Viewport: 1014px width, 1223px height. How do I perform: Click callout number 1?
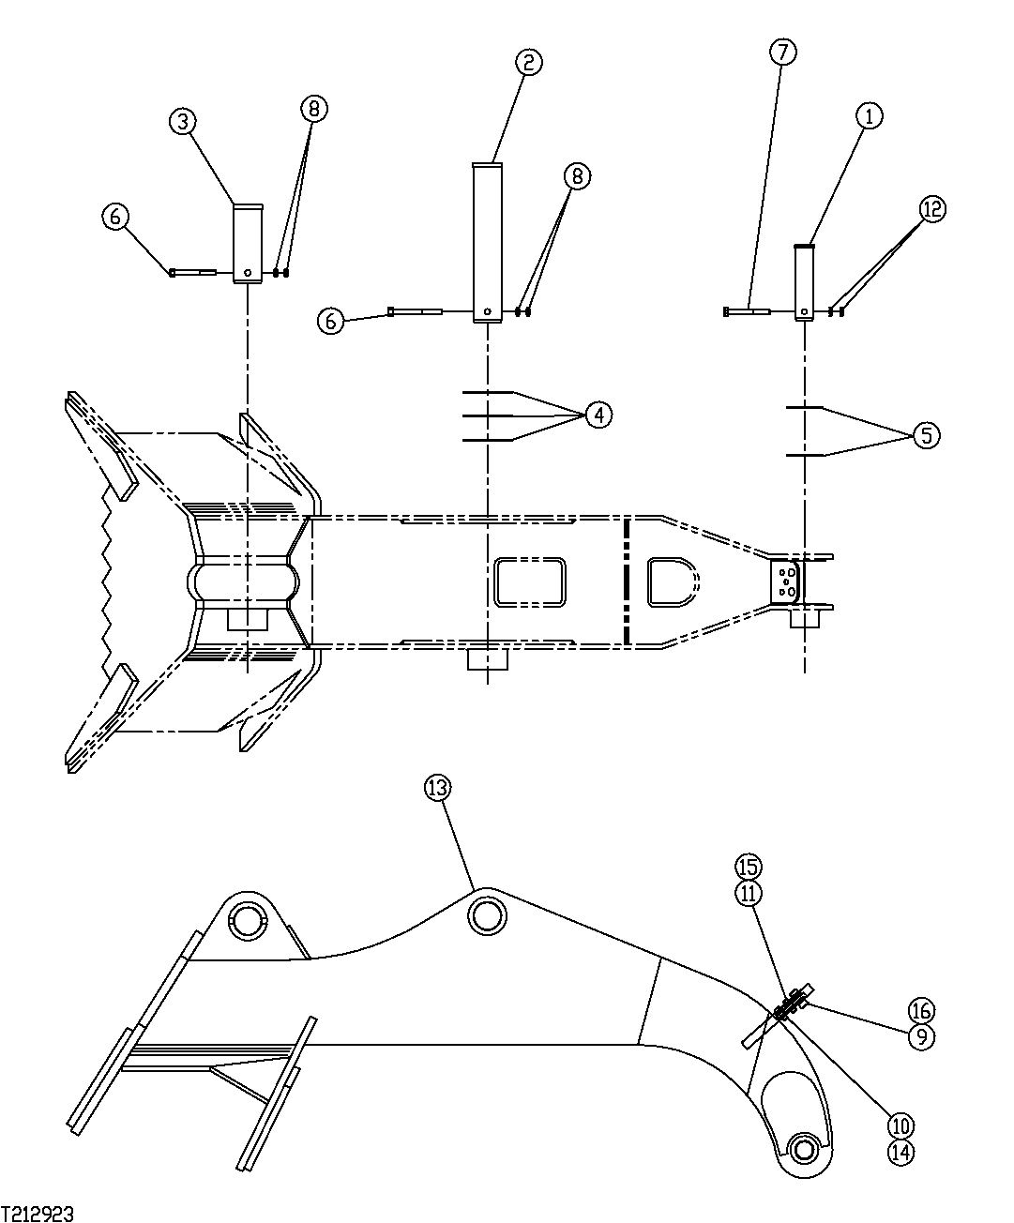[x=869, y=116]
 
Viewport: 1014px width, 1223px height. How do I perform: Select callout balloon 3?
[x=183, y=120]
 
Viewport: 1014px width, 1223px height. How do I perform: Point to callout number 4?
[x=598, y=414]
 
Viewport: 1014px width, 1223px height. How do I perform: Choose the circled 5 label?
[x=926, y=435]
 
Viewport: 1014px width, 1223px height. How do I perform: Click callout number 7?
[x=783, y=52]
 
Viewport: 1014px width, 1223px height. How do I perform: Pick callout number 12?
[x=932, y=210]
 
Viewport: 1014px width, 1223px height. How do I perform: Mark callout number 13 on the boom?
[x=437, y=789]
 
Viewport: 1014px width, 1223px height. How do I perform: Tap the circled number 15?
[x=749, y=866]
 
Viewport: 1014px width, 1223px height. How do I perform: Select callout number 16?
[x=921, y=1009]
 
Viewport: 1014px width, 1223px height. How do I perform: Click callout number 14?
[x=900, y=1153]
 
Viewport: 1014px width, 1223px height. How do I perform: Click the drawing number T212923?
[x=38, y=1214]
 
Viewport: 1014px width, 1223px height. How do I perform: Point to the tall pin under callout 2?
[x=487, y=243]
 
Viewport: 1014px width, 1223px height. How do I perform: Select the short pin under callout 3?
[x=247, y=243]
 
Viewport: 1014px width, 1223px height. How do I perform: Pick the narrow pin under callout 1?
[x=804, y=282]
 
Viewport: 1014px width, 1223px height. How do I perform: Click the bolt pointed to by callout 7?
[x=748, y=310]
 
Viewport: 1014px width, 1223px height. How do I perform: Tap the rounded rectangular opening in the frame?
[x=530, y=582]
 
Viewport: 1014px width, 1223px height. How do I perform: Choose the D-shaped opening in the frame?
[x=672, y=581]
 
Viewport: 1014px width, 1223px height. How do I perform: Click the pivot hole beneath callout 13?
[x=487, y=914]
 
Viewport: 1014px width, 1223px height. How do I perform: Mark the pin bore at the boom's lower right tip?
[x=804, y=1147]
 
